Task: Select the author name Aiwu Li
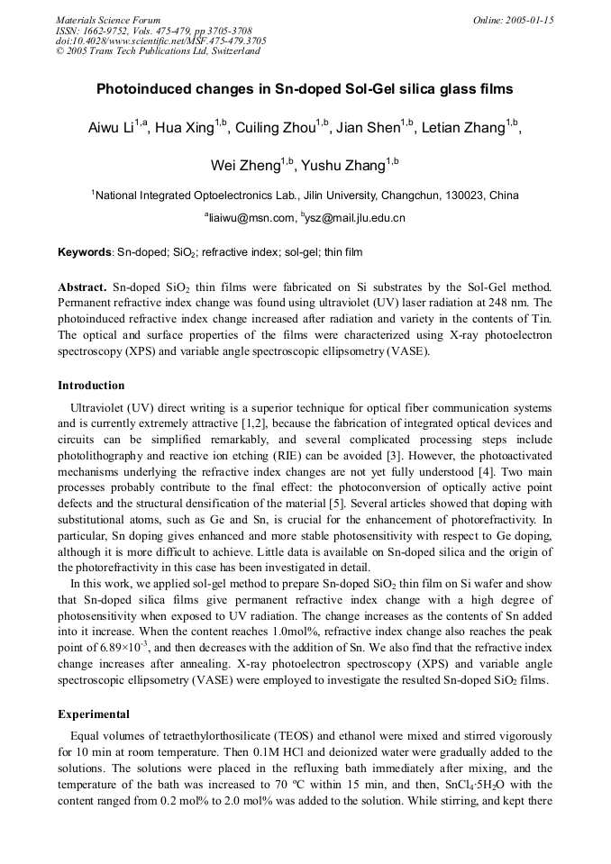(111, 128)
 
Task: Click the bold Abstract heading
(83, 286)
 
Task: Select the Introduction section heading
(91, 386)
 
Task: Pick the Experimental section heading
(94, 714)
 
